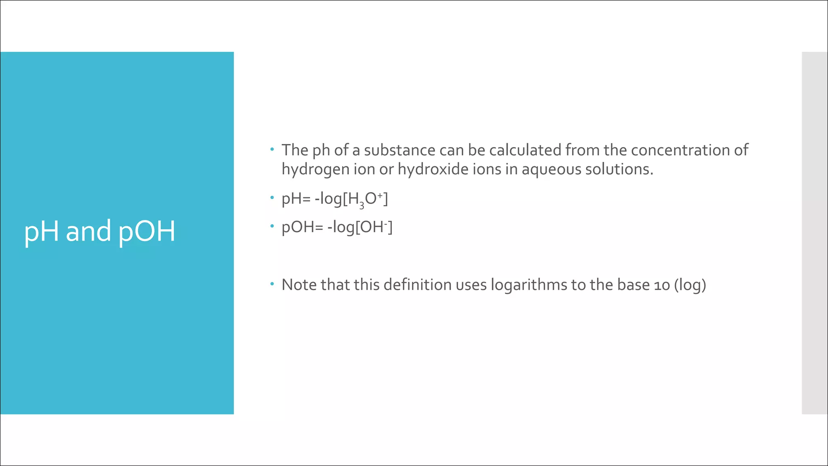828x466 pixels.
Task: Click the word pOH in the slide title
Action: point(147,231)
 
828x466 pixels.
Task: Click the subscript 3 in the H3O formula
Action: point(362,206)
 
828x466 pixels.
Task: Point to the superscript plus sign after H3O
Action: point(380,195)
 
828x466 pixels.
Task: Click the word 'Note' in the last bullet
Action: point(299,285)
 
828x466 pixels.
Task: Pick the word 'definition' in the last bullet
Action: point(418,285)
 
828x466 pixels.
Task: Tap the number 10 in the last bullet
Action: point(662,285)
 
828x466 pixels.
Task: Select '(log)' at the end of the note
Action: point(690,285)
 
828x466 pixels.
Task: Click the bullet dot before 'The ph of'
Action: point(272,149)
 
